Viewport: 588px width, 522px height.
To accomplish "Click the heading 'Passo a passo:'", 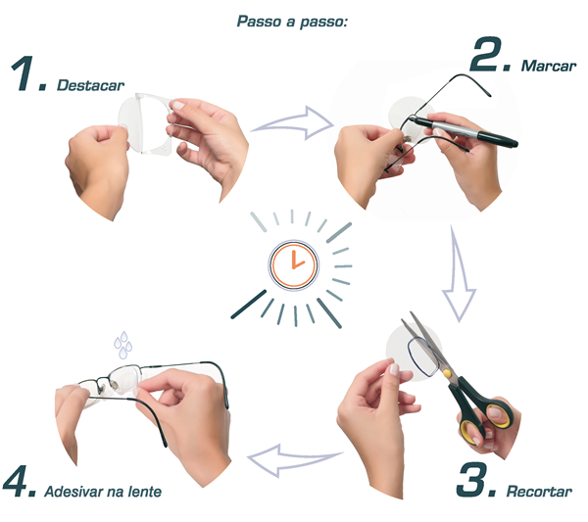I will click(293, 21).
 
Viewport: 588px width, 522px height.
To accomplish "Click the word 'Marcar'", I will click(549, 68).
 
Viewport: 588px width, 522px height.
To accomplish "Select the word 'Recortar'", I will click(539, 491).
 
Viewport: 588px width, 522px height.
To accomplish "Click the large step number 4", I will click(20, 483).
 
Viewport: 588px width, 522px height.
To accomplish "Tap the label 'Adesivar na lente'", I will click(103, 490).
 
